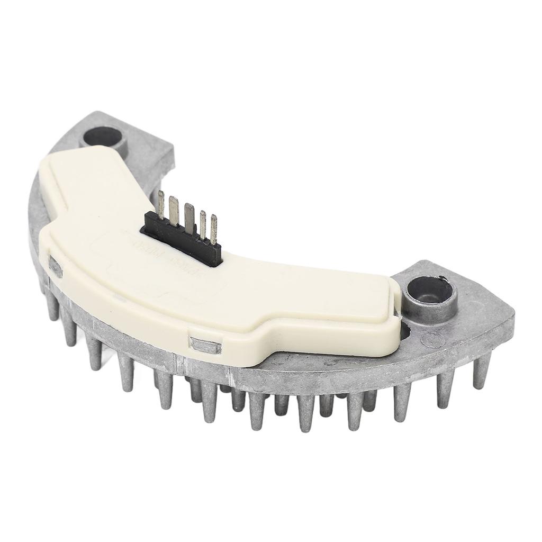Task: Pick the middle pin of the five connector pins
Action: point(189,215)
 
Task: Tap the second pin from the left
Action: point(174,209)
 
